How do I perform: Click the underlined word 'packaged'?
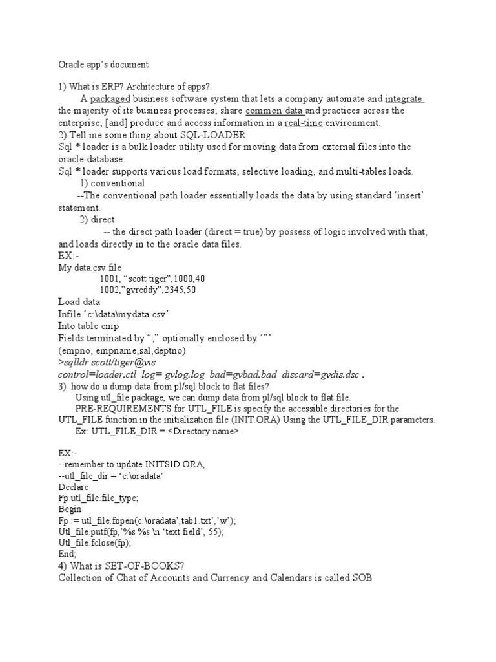coord(110,99)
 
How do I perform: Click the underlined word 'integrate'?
coord(404,99)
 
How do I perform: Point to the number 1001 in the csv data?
coord(110,278)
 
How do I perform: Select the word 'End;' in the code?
coord(67,554)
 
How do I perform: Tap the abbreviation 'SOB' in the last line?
coord(360,577)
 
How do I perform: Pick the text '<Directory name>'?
coord(203,431)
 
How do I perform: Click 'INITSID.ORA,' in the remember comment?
coord(159,464)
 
